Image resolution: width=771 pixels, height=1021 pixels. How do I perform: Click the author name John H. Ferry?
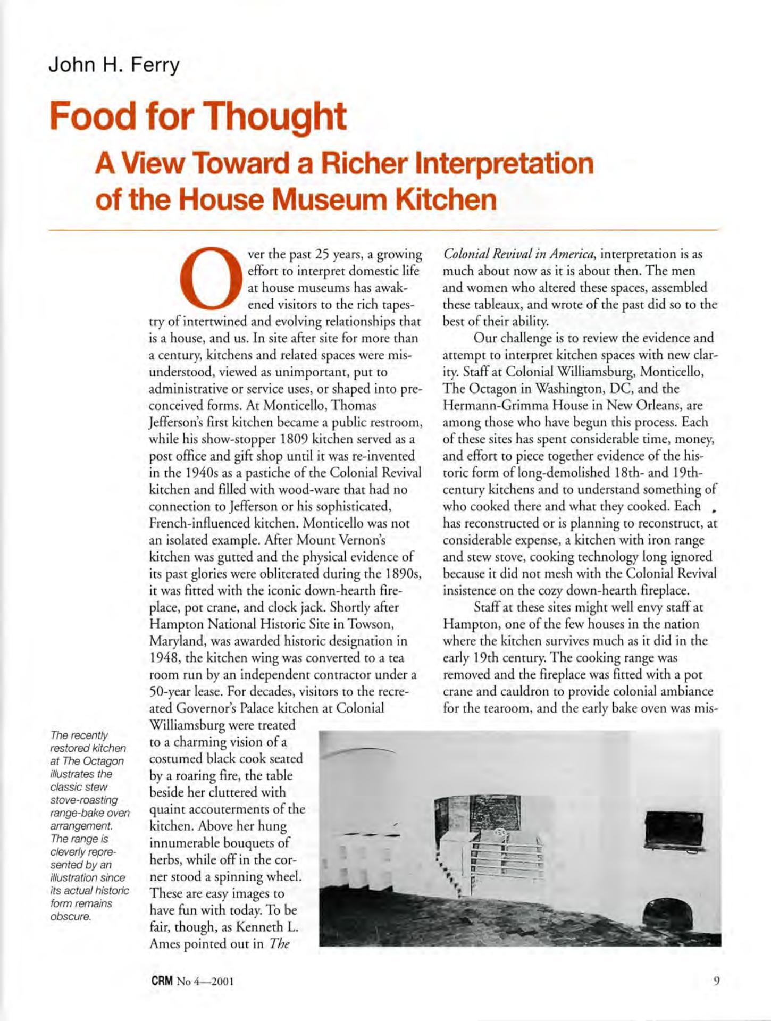pyautogui.click(x=114, y=65)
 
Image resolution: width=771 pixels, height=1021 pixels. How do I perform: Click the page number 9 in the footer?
pyautogui.click(x=717, y=981)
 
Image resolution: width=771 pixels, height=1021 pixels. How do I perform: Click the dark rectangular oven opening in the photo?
pyautogui.click(x=673, y=833)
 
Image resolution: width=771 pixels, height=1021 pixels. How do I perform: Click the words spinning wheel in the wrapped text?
pyautogui.click(x=249, y=876)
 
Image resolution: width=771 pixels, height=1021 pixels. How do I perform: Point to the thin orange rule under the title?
pyautogui.click(x=383, y=230)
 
